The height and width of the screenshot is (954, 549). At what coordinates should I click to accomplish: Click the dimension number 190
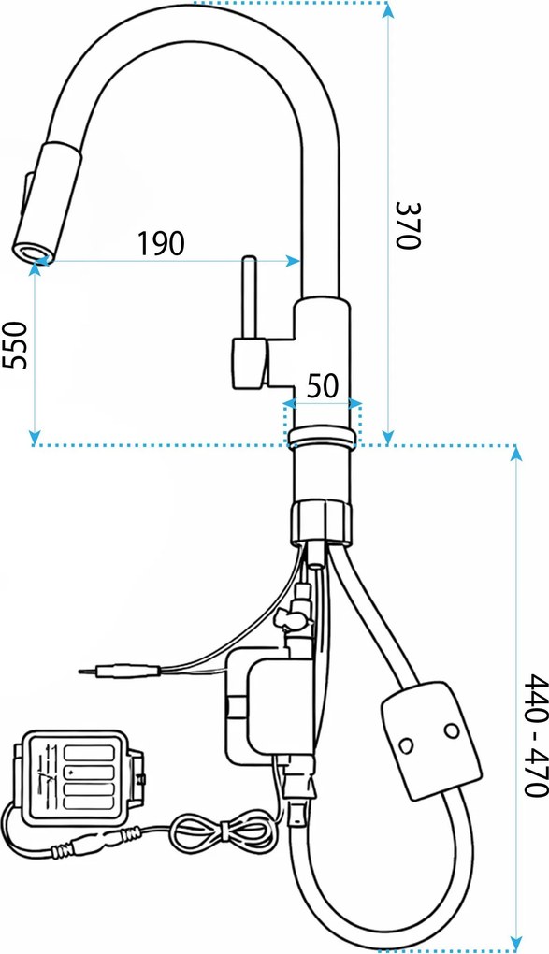coord(160,243)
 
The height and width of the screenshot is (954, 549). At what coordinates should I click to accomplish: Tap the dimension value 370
coord(408,224)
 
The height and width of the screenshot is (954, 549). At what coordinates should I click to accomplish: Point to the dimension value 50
coord(322,386)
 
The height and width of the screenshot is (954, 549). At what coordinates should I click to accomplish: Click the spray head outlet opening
coord(31,252)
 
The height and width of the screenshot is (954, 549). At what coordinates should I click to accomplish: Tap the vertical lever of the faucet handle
coord(250,297)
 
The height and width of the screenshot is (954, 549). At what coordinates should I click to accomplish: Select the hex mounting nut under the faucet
coord(321,521)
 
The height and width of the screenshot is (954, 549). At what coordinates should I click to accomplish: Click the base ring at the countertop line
coord(322,438)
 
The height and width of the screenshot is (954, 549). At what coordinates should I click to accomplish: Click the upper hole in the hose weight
coord(451,729)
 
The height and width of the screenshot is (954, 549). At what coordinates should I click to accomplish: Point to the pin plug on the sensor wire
coord(120,672)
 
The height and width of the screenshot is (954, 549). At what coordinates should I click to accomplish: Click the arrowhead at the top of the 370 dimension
coord(388,9)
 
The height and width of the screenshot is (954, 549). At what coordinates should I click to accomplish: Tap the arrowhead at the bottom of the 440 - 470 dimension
coord(517,941)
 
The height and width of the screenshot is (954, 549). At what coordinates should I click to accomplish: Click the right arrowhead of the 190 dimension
coord(293,261)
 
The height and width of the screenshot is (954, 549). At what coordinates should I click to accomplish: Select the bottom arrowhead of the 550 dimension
coord(36,437)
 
